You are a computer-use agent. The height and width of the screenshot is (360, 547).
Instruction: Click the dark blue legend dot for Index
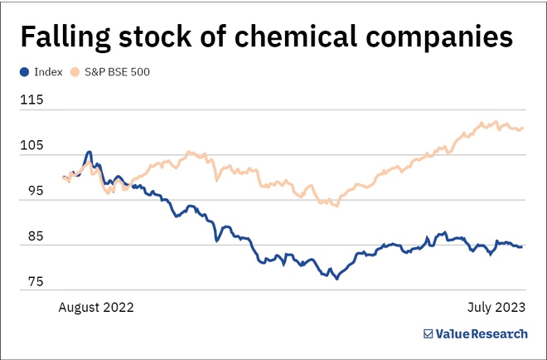pyautogui.click(x=25, y=71)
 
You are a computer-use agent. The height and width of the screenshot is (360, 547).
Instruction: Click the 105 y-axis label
pyautogui.click(x=32, y=145)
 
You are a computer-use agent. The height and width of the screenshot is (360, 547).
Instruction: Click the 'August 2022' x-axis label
pyautogui.click(x=95, y=306)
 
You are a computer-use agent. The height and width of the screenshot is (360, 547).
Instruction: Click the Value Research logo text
pyautogui.click(x=481, y=333)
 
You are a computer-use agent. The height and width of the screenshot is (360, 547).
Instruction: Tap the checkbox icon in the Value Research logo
pyautogui.click(x=428, y=333)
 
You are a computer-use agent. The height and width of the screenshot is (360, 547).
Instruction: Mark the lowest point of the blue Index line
pyautogui.click(x=336, y=279)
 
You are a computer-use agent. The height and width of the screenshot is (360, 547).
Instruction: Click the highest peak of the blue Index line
pyautogui.click(x=89, y=153)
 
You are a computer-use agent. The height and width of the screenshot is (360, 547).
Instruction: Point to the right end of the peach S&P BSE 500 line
pyautogui.click(x=523, y=127)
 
